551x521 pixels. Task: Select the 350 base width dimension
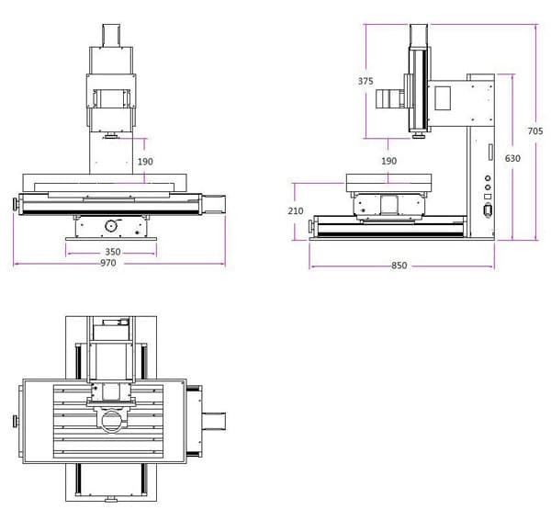click(113, 251)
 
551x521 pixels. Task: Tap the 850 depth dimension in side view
click(399, 266)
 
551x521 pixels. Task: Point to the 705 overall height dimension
click(535, 131)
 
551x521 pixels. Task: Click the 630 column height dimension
click(512, 159)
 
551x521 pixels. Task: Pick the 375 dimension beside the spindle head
click(365, 81)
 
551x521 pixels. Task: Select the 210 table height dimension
click(295, 211)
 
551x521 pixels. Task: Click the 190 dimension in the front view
click(145, 162)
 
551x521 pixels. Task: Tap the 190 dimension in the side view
click(388, 162)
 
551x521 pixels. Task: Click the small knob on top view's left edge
click(15, 421)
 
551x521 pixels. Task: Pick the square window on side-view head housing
click(442, 96)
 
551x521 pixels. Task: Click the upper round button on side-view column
click(487, 178)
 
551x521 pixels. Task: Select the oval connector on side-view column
click(487, 210)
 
